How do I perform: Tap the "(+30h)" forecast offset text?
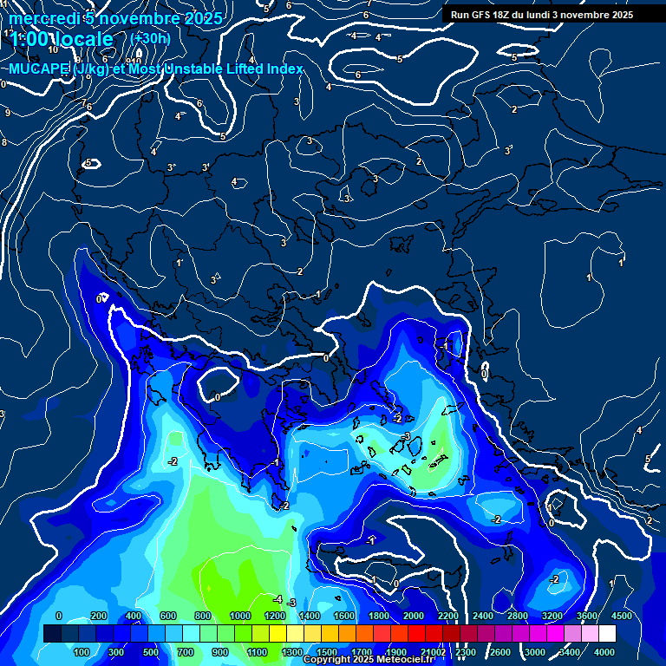[x=150, y=38]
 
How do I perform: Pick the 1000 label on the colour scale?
[x=240, y=616]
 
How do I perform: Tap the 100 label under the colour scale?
[x=82, y=652]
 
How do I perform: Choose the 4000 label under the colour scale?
[x=604, y=652]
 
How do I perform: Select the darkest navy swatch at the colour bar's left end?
[x=52, y=634]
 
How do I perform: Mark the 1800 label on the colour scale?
[x=379, y=616]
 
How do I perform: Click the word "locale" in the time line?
[x=82, y=39]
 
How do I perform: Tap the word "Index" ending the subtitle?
[x=284, y=69]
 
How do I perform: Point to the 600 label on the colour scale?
[x=168, y=616]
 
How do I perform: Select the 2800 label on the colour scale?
[x=518, y=616]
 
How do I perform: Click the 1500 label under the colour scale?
[x=327, y=652]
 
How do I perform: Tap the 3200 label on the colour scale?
[x=552, y=616]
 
